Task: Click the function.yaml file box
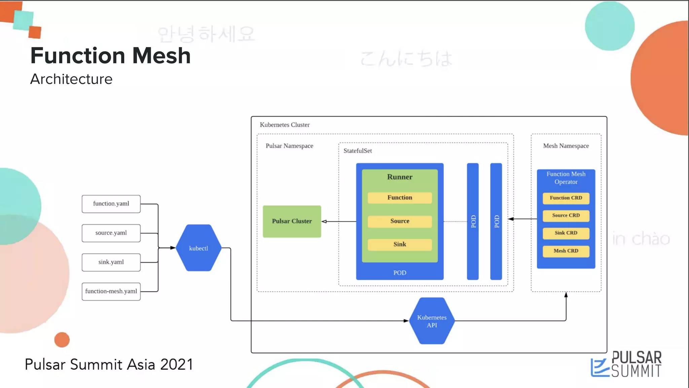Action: pyautogui.click(x=111, y=204)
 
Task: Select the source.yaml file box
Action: pyautogui.click(x=111, y=233)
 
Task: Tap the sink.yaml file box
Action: pyautogui.click(x=111, y=262)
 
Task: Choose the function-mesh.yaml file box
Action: pyautogui.click(x=111, y=291)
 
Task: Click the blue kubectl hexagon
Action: pyautogui.click(x=198, y=248)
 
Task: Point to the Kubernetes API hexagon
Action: pyautogui.click(x=432, y=321)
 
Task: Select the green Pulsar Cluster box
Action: pyautogui.click(x=292, y=221)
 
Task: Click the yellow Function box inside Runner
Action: pyautogui.click(x=400, y=198)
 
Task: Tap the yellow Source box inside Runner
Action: pyautogui.click(x=400, y=221)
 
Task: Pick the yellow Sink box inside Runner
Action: pyautogui.click(x=400, y=245)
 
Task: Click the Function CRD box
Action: pyautogui.click(x=566, y=198)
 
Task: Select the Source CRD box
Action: pyautogui.click(x=566, y=216)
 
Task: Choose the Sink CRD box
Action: pyautogui.click(x=566, y=233)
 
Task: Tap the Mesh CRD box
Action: pyautogui.click(x=566, y=251)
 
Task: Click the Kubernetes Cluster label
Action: pyautogui.click(x=285, y=125)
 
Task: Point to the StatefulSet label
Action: pyautogui.click(x=358, y=151)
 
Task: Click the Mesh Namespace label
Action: pyautogui.click(x=566, y=146)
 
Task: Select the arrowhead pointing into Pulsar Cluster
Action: pyautogui.click(x=324, y=221)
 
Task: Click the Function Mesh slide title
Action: pyautogui.click(x=110, y=56)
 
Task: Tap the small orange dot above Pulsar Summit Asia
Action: pyautogui.click(x=62, y=339)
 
